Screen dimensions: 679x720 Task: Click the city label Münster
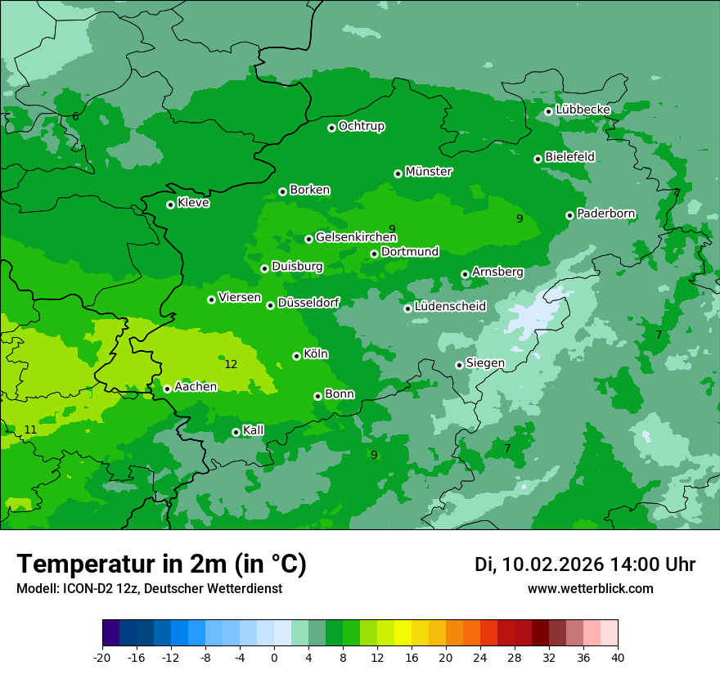[429, 172]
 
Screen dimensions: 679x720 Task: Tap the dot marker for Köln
[296, 356]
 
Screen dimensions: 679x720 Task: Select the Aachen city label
[196, 387]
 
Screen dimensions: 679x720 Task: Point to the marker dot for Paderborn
[569, 215]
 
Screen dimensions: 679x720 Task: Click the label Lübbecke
[583, 110]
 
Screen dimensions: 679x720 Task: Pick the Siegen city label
[485, 363]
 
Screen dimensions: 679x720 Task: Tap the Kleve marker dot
[170, 205]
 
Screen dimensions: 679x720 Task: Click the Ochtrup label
[362, 126]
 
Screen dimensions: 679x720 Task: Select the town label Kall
[254, 430]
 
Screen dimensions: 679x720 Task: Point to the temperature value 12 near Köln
[231, 364]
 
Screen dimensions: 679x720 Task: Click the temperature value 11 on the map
[30, 429]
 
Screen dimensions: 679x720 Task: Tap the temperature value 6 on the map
[75, 116]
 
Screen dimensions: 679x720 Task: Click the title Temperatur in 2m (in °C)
[161, 564]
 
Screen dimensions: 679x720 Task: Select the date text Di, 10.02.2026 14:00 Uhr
[585, 564]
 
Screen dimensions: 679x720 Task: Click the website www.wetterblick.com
[590, 588]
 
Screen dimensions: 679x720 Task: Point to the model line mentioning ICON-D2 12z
[149, 588]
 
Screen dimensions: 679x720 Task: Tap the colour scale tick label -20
[102, 657]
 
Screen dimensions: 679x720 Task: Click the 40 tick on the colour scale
[617, 657]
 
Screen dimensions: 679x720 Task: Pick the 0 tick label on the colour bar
[274, 657]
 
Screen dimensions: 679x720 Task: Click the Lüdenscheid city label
[450, 307]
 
